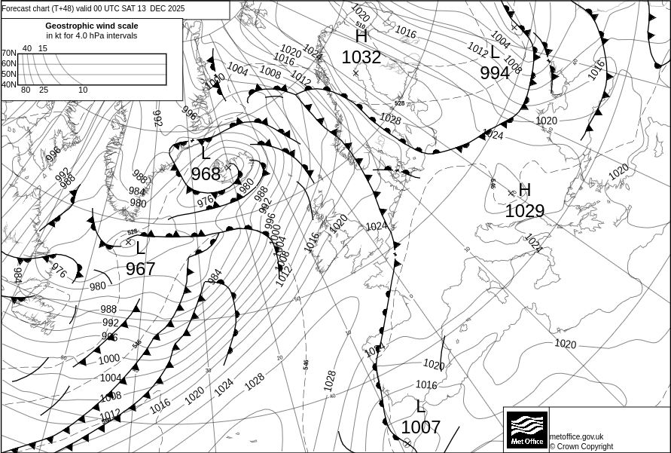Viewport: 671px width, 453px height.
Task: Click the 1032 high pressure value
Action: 361,58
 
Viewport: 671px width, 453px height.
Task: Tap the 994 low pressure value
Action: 495,73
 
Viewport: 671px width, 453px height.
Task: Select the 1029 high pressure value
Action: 524,211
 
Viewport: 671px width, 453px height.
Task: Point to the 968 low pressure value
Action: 206,174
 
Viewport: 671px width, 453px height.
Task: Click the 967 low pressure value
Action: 140,269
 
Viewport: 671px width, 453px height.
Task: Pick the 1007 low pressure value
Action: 420,427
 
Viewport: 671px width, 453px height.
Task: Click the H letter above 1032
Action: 361,36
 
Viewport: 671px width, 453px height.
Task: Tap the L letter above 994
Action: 495,53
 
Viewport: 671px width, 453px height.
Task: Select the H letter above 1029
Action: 525,190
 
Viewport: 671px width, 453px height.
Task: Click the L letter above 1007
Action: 420,406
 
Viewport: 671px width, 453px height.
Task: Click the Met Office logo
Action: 526,430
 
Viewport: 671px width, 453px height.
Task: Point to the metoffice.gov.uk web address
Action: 577,436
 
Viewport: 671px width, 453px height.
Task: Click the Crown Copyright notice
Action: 581,446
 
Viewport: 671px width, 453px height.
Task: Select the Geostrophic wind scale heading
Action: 92,26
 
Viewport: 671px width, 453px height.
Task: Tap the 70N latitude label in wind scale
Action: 8,53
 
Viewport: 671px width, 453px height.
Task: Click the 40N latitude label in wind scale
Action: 8,84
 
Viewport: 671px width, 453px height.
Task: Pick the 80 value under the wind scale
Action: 26,90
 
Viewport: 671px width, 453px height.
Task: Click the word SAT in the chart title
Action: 126,9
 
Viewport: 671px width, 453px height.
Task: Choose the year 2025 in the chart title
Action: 173,9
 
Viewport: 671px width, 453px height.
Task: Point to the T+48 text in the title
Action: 61,9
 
